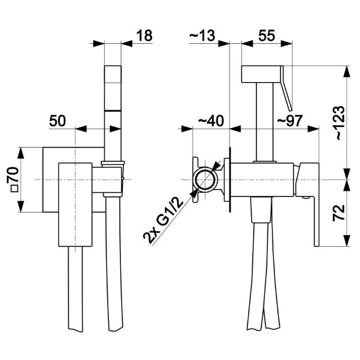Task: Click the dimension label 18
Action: [x=145, y=36]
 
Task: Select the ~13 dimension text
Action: [x=202, y=36]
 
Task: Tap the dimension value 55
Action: [x=266, y=36]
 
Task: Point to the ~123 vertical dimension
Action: [x=340, y=123]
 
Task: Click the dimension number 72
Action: [x=339, y=212]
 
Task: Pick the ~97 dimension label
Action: [x=290, y=120]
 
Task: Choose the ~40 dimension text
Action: [x=210, y=120]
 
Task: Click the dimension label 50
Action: [x=57, y=120]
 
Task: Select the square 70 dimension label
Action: [x=14, y=179]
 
